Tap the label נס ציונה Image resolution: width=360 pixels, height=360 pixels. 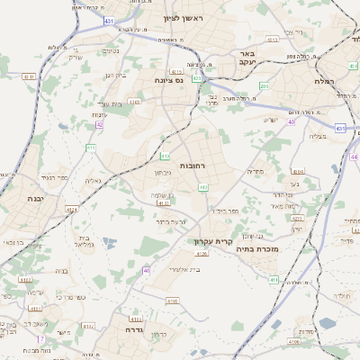click(167, 80)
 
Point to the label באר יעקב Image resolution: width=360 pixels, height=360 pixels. click(243, 59)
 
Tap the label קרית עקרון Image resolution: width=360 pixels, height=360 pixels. click(213, 241)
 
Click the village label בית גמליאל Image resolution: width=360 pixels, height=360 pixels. click(82, 241)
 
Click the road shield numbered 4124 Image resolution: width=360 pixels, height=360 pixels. click(71, 210)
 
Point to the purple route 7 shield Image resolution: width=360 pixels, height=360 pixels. click(40, 338)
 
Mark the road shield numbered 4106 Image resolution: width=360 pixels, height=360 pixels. click(295, 342)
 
